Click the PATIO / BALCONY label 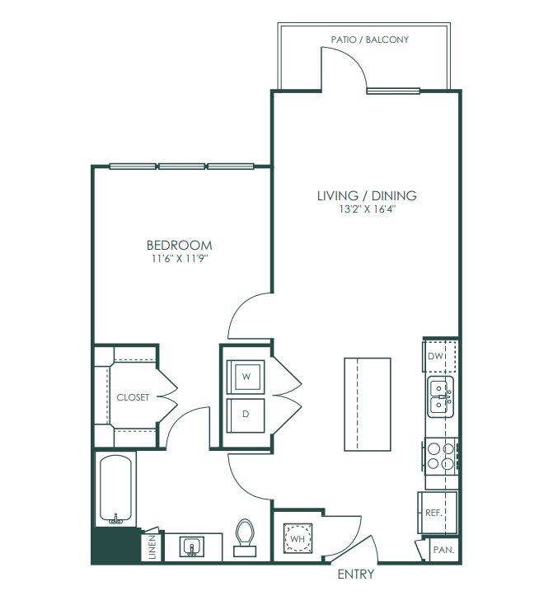click(369, 40)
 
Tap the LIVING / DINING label click(367, 195)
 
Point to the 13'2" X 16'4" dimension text click(368, 209)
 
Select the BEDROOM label click(180, 245)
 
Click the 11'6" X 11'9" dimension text click(180, 258)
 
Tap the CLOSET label click(133, 397)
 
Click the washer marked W click(246, 377)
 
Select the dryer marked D click(246, 415)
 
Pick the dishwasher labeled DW click(440, 355)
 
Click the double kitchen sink click(440, 396)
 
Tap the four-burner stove click(442, 456)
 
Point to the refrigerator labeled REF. click(438, 513)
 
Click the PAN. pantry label click(443, 550)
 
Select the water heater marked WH click(298, 538)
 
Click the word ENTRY click(356, 575)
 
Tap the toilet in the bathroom click(245, 537)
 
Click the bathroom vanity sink click(192, 547)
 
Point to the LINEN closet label click(152, 547)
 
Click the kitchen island click(368, 404)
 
